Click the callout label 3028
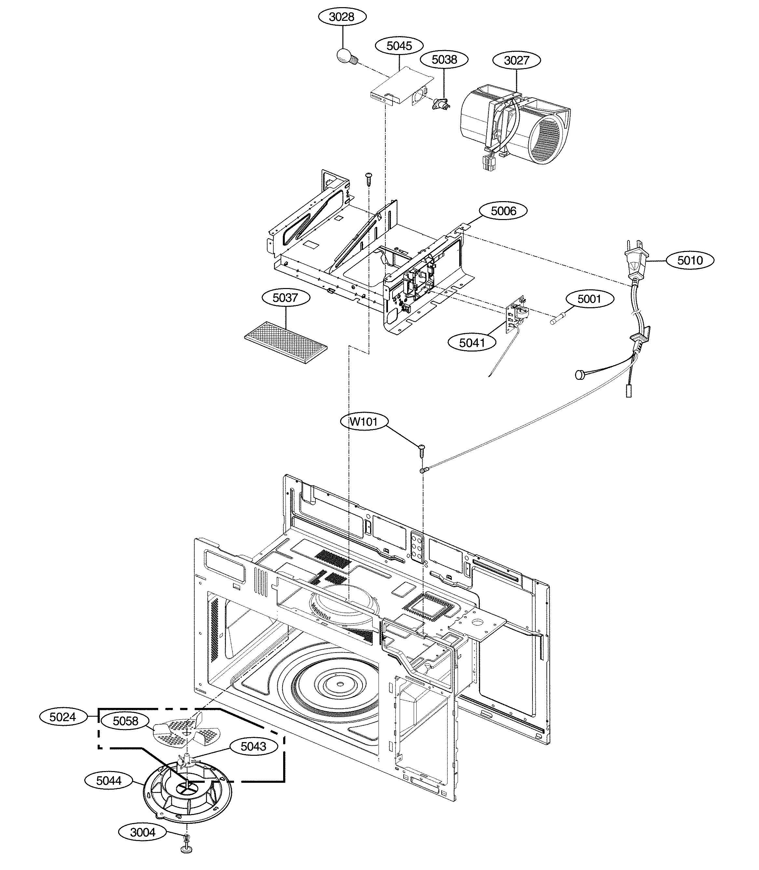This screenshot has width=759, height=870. [342, 17]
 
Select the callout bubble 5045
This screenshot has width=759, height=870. [399, 46]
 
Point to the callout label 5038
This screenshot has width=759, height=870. [444, 60]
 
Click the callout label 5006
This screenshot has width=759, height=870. [503, 211]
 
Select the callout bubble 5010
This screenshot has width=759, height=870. [690, 260]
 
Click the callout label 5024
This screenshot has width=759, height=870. [63, 717]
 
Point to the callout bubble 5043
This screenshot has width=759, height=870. [253, 746]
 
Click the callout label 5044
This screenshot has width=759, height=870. [108, 780]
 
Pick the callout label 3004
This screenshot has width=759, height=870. [143, 832]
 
